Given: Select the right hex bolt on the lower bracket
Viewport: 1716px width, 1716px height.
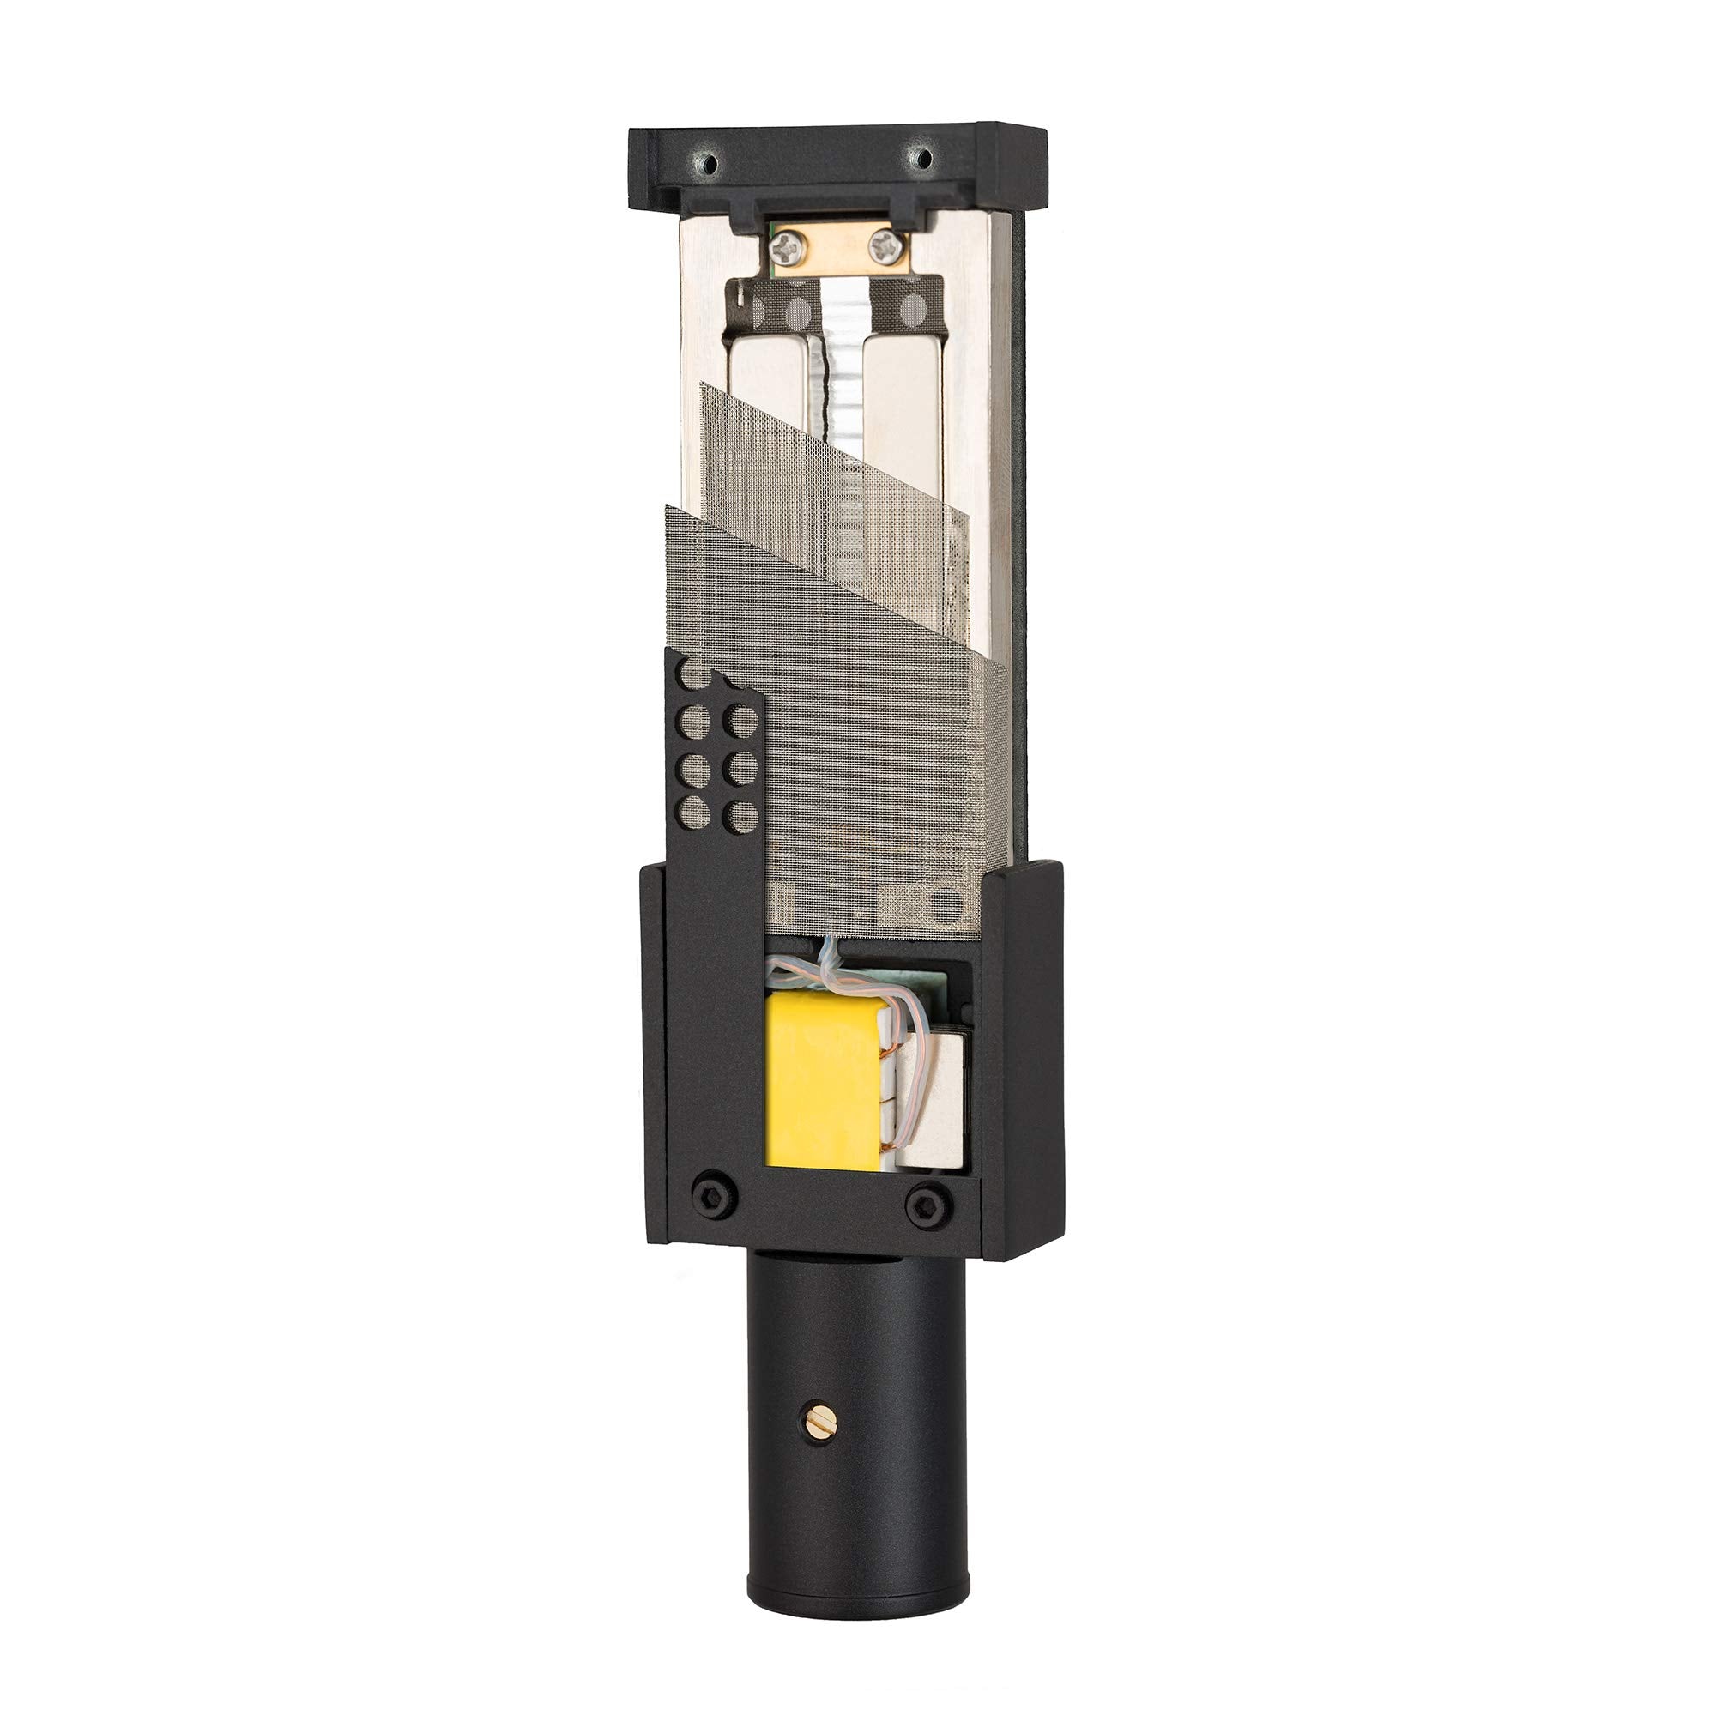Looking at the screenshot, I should pyautogui.click(x=927, y=1205).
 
